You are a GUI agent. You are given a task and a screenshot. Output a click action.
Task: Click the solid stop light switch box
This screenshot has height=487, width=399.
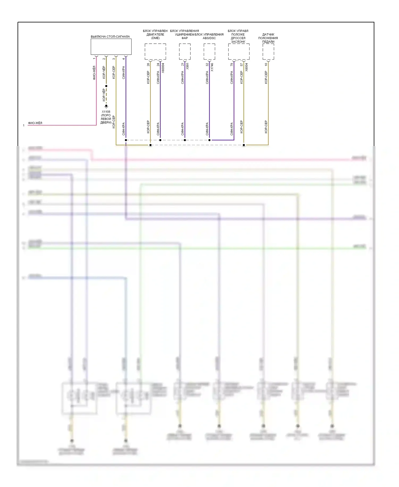pos(111,47)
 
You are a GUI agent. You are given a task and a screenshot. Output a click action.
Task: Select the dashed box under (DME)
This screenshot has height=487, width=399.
pos(155,51)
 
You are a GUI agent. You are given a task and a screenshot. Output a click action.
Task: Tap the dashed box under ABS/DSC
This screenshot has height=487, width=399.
pos(209,51)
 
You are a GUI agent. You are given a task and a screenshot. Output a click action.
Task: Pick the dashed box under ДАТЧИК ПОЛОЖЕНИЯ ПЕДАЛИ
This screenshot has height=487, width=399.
pos(268,51)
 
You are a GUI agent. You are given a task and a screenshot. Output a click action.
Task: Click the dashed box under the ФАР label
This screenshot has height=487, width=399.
pos(185,51)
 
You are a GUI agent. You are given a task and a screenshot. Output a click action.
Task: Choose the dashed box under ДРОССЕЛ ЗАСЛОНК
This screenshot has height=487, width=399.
pos(239,51)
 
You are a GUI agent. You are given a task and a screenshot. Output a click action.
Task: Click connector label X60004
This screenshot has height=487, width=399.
pos(163,68)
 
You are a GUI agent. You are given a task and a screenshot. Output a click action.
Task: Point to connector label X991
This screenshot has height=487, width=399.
pos(188,66)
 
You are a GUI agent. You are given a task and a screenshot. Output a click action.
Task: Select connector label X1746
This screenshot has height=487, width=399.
pos(212,67)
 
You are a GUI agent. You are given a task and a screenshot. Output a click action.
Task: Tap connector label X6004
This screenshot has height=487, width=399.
pos(247,67)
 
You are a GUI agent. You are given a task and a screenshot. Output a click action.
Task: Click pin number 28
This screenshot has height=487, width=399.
pos(148,64)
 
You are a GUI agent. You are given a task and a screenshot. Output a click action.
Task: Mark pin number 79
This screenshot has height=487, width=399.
pos(232,64)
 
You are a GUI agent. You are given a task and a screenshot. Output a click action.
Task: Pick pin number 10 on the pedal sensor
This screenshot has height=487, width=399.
pos(266,64)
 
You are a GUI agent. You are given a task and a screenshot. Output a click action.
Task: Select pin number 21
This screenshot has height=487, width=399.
pos(183,64)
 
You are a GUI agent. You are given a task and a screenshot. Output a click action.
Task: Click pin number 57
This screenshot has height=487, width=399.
pos(242,64)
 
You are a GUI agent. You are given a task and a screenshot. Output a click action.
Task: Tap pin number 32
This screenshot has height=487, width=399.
pos(207,64)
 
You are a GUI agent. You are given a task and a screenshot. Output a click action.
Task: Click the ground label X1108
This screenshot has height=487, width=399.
pos(106,112)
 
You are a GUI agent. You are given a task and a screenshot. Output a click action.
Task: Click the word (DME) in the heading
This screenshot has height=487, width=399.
pos(155,38)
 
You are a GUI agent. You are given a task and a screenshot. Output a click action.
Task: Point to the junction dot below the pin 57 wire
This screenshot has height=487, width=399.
pos(244,145)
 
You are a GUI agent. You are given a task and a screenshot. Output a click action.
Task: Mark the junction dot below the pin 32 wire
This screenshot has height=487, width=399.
pos(209,140)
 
